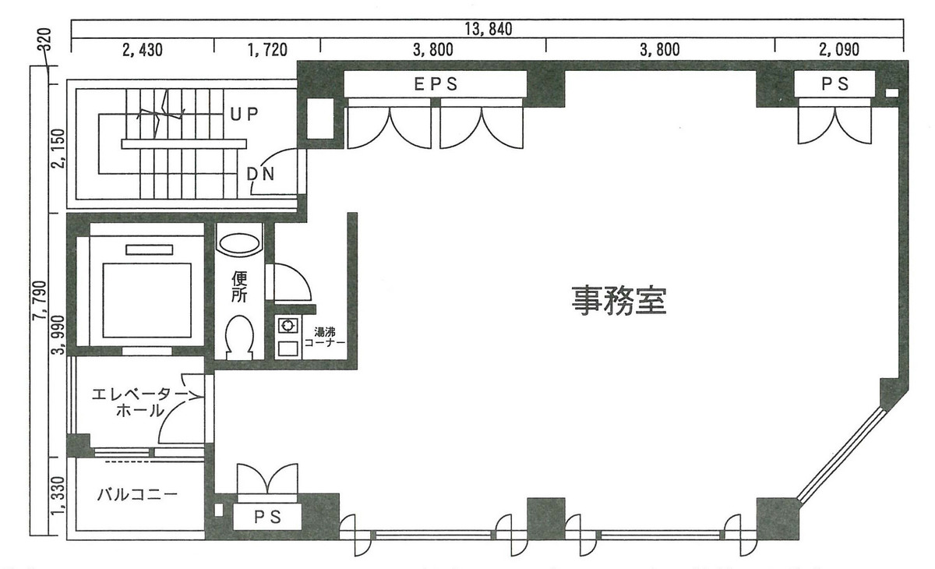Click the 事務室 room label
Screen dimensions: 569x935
tap(619, 299)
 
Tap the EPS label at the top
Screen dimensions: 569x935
tap(435, 84)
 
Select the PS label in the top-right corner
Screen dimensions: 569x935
tap(835, 84)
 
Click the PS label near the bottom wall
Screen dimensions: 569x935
tap(267, 516)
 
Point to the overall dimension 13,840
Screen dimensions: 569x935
tap(486, 29)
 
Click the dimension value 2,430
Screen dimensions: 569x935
tap(143, 51)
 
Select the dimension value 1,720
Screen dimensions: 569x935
tap(267, 51)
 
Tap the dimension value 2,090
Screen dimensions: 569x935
tap(838, 51)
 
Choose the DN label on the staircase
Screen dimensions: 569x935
tap(260, 174)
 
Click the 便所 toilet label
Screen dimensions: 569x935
tap(239, 288)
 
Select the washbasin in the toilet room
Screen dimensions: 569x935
tap(239, 242)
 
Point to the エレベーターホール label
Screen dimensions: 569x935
tap(136, 402)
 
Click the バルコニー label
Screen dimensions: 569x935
tap(137, 495)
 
